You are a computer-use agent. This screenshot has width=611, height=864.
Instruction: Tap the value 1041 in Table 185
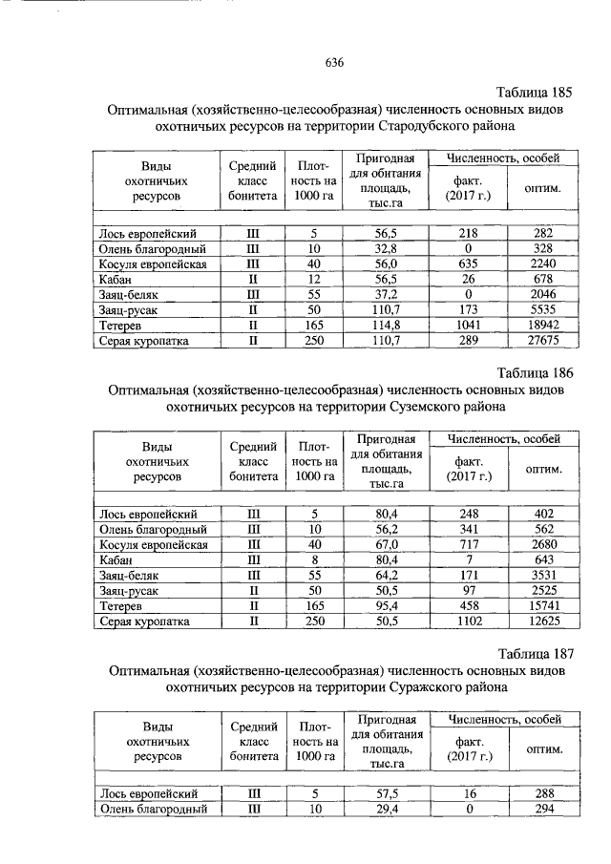tap(468, 326)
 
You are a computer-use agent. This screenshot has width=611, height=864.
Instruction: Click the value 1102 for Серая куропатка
tap(468, 621)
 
